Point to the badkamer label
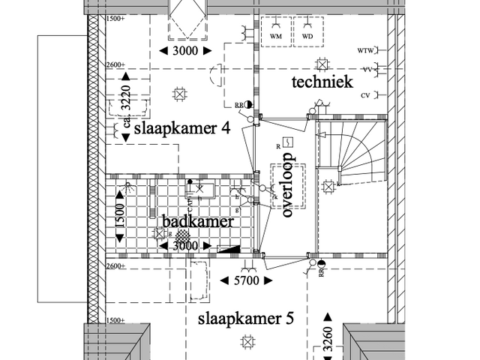(x=199, y=222)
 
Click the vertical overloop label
(x=286, y=190)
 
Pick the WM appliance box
(x=275, y=35)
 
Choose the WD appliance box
(x=307, y=35)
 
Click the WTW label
(x=366, y=51)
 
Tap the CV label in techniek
(x=366, y=95)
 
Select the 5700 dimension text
(x=244, y=280)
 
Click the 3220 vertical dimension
(x=126, y=97)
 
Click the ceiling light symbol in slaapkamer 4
(x=179, y=94)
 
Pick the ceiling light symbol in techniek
(x=323, y=64)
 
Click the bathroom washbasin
(x=202, y=188)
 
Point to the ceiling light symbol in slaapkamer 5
(x=247, y=341)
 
